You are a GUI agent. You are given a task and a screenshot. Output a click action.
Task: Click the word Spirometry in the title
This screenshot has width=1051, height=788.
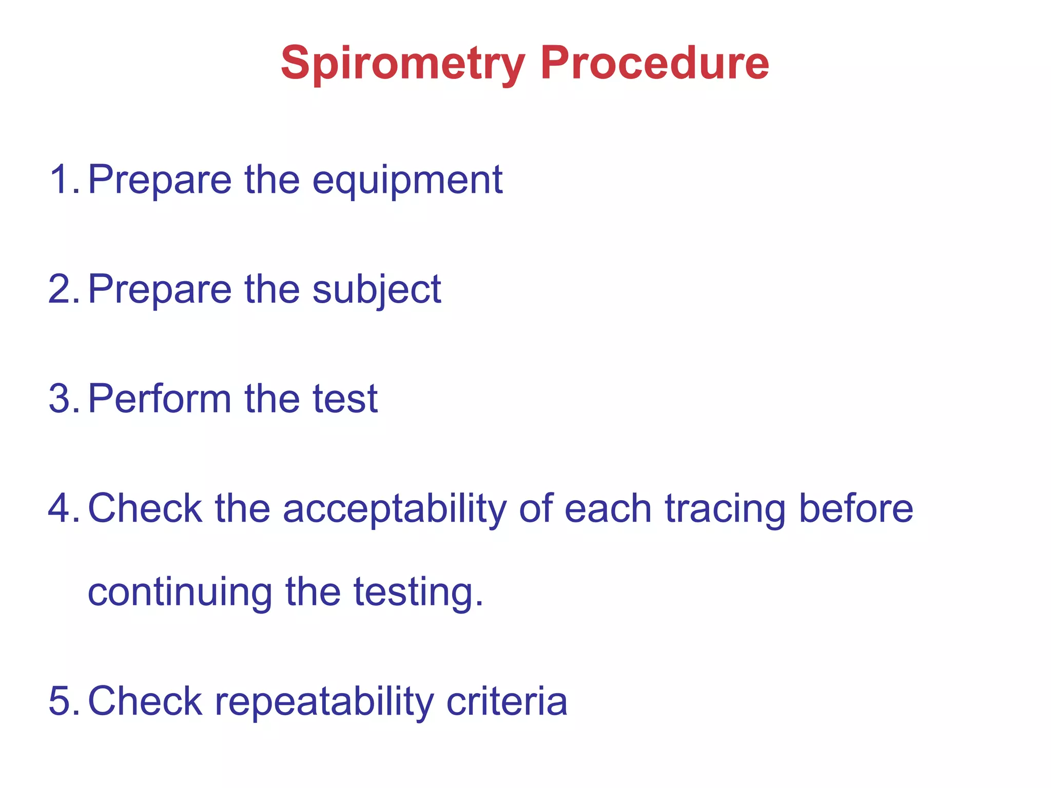(403, 64)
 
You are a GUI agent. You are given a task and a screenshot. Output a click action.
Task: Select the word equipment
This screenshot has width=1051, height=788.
(407, 181)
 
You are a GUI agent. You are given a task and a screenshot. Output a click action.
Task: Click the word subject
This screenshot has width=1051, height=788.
(377, 290)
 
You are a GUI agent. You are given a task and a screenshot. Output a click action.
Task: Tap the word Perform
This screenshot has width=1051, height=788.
(160, 399)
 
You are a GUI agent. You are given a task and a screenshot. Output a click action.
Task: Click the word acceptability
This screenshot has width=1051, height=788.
(394, 509)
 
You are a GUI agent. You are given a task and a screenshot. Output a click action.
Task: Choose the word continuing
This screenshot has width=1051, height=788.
(180, 593)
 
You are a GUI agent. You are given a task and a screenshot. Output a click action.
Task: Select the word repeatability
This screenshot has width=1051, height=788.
(324, 702)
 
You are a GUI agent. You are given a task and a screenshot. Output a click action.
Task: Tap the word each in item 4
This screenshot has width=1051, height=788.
(608, 508)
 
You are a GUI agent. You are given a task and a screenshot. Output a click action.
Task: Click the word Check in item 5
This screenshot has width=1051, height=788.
(145, 701)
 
